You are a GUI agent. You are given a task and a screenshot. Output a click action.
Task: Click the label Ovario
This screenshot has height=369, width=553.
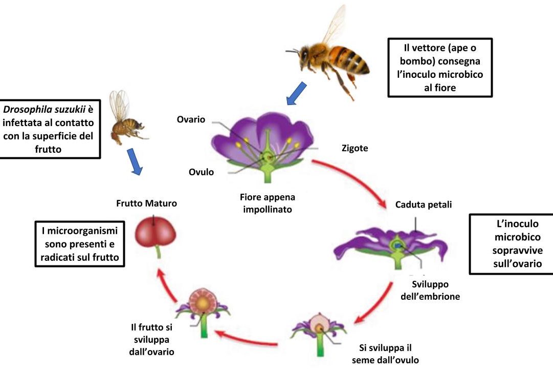(x=191, y=119)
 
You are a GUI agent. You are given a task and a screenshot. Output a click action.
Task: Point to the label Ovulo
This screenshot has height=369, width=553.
(x=201, y=172)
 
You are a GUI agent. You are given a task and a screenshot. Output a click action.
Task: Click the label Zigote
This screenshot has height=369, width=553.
(x=355, y=148)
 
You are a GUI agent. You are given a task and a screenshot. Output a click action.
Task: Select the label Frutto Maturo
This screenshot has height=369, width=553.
(x=146, y=203)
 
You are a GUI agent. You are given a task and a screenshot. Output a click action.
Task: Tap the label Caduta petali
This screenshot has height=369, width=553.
(x=424, y=204)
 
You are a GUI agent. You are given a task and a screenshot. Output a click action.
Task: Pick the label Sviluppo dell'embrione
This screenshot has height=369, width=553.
(x=436, y=290)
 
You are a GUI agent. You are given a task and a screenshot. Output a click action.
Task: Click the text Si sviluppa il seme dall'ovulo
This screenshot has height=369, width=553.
(x=385, y=354)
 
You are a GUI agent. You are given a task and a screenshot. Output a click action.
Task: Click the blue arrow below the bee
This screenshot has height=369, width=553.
(x=296, y=93)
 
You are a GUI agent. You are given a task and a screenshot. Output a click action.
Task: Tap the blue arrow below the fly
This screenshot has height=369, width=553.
(x=134, y=161)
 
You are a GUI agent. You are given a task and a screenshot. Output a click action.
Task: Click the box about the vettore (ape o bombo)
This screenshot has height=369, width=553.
(x=440, y=67)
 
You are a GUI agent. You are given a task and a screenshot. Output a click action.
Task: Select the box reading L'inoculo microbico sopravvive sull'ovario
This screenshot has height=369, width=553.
(x=511, y=244)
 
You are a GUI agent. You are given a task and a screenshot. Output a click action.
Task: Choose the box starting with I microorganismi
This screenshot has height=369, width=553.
(x=80, y=244)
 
